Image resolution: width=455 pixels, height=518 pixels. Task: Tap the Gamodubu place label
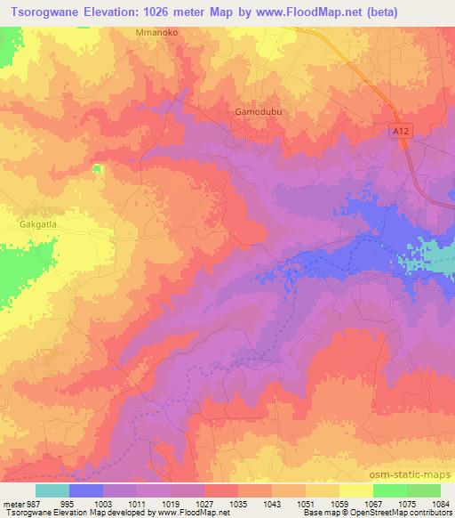pos(256,112)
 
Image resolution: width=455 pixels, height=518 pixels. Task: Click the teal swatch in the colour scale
pos(52,490)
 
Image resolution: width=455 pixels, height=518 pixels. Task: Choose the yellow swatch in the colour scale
pos(355,490)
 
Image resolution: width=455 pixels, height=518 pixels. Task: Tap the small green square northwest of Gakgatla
pos(96,168)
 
